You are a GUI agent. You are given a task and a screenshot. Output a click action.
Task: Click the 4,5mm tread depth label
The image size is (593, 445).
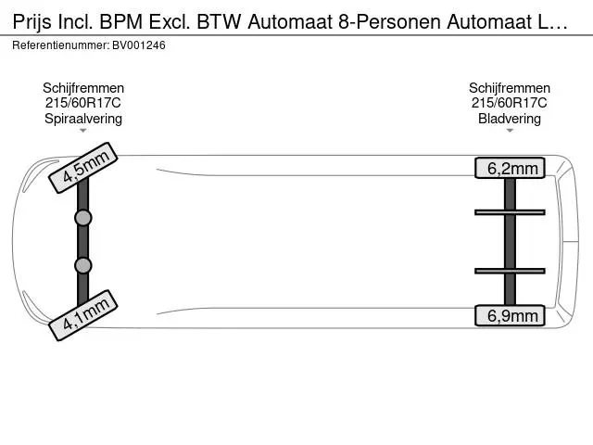pyautogui.click(x=83, y=168)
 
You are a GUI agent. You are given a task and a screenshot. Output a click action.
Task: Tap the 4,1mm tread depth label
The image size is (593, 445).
pyautogui.click(x=83, y=315)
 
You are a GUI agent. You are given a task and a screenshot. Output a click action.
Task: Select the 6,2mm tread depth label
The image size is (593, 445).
pyautogui.click(x=510, y=168)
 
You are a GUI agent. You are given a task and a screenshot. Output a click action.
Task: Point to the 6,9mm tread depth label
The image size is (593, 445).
pyautogui.click(x=510, y=315)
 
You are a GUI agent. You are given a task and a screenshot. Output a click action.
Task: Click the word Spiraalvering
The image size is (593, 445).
pyautogui.click(x=83, y=119)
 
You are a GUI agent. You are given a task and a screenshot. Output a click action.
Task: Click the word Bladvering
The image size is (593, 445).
pyautogui.click(x=510, y=119)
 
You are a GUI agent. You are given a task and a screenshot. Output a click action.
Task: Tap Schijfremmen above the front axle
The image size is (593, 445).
pyautogui.click(x=83, y=88)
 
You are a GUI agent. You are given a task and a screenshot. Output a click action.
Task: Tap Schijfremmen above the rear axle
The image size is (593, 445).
pyautogui.click(x=510, y=88)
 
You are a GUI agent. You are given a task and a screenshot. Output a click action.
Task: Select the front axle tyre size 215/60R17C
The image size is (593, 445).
pyautogui.click(x=83, y=103)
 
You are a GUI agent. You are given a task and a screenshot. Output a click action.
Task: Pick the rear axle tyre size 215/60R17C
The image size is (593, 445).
pyautogui.click(x=510, y=103)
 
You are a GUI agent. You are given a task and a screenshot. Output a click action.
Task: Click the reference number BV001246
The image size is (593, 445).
pyautogui.click(x=139, y=45)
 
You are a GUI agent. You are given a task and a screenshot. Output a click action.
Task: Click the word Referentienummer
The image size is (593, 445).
pyautogui.click(x=60, y=45)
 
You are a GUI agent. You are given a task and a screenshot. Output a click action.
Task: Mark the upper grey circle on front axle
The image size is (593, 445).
pyautogui.click(x=83, y=218)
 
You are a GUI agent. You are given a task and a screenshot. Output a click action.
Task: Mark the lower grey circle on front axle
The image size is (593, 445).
pyautogui.click(x=83, y=265)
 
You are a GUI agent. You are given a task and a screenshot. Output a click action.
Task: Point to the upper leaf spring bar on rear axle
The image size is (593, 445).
pyautogui.click(x=510, y=212)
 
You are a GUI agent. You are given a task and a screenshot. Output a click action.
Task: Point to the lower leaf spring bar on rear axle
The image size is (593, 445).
pyautogui.click(x=510, y=271)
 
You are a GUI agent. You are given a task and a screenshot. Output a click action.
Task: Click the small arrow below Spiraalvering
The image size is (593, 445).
pyautogui.click(x=83, y=131)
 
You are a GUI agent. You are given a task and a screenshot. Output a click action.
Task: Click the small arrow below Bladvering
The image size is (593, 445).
pyautogui.click(x=510, y=131)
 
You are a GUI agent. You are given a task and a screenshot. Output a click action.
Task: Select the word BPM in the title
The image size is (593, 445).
pyautogui.click(x=121, y=21)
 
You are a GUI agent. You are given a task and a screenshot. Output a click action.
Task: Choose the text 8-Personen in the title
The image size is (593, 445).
pyautogui.click(x=389, y=21)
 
